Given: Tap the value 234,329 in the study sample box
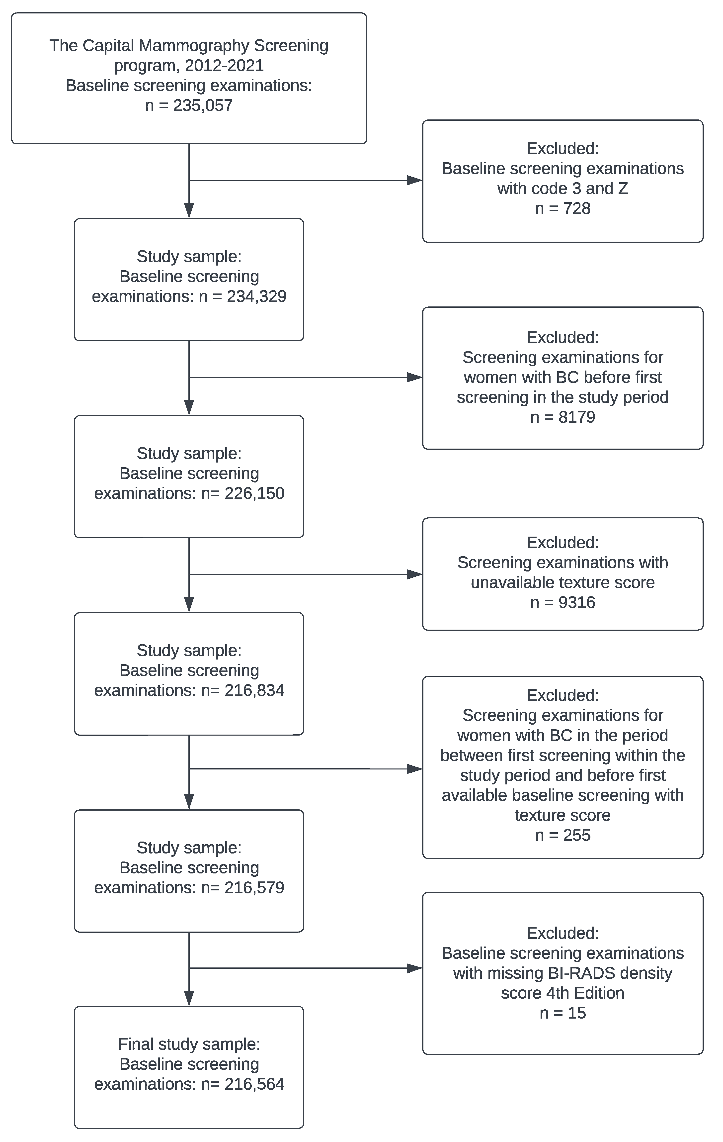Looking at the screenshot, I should click(256, 296).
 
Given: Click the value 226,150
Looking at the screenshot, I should click(255, 493).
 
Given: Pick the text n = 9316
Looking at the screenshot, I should click(563, 602).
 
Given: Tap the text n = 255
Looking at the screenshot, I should click(563, 835).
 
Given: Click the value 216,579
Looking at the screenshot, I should click(255, 887).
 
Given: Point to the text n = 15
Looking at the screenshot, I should click(563, 1013).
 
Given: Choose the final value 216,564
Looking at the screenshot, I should click(255, 1084).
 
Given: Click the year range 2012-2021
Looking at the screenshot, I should click(224, 65).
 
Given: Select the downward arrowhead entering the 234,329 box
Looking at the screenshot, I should click(189, 210).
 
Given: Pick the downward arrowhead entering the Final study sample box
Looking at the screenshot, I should click(189, 998).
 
